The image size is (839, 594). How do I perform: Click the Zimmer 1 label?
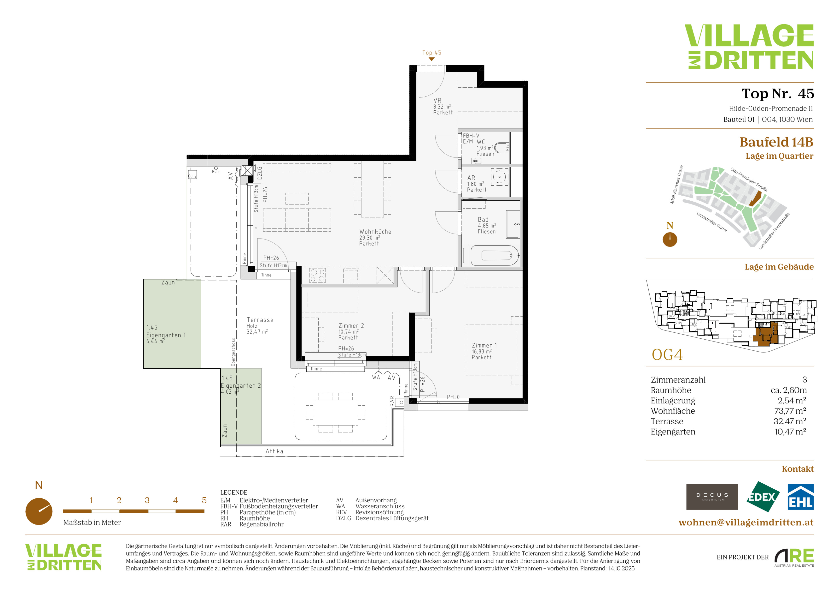pos(484,345)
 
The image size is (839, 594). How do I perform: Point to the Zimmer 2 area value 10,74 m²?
pos(348,332)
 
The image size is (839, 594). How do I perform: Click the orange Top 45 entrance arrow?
pos(431,59)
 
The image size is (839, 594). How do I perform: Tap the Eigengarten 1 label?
pos(166,335)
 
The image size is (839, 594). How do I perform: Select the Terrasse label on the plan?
pos(260,320)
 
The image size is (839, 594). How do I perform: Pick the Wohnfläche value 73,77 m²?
pos(790,411)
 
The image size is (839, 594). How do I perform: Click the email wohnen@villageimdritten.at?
pos(746,522)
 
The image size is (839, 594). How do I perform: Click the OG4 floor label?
pos(667,354)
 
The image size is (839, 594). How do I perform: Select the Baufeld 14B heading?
pos(776,142)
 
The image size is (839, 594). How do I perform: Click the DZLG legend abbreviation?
pos(344,518)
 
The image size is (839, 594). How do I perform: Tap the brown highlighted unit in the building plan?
pos(765,335)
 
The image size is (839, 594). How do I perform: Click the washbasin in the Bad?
pos(512,224)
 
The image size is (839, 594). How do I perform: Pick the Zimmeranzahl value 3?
pos(804,380)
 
